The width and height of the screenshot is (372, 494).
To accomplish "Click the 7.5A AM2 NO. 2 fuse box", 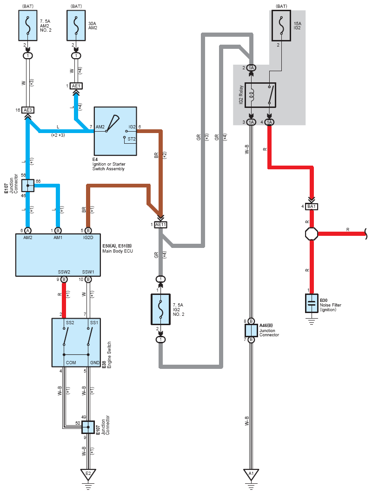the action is [28, 26].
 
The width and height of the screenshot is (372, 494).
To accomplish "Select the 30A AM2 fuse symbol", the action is [76, 26].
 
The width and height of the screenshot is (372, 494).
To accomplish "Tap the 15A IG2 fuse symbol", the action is [281, 26].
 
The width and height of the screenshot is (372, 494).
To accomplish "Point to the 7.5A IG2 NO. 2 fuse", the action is [160, 309].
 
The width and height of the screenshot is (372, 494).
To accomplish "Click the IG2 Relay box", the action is [260, 95].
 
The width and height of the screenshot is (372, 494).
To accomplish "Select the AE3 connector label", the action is [28, 110].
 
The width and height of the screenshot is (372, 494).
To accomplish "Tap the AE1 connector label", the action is [76, 86].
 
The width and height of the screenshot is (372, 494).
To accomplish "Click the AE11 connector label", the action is [160, 225].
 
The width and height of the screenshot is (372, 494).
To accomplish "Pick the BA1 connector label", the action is [312, 207].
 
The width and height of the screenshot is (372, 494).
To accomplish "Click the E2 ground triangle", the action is [88, 474].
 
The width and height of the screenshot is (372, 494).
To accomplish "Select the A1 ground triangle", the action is [251, 474].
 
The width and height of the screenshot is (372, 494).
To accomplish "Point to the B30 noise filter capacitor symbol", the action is [312, 303].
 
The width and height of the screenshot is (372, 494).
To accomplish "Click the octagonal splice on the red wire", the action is [312, 234].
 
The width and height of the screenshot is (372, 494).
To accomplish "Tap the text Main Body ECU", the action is [118, 251].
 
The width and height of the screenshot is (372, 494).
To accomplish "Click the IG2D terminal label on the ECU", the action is [88, 238].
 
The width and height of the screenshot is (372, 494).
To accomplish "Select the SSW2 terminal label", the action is [64, 272].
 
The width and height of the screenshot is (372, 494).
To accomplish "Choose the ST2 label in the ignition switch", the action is [131, 139].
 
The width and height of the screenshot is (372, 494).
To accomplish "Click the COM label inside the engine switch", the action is [71, 363].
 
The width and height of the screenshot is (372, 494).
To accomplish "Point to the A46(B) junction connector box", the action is [251, 330].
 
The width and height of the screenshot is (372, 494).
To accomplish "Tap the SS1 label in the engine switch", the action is [94, 323].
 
